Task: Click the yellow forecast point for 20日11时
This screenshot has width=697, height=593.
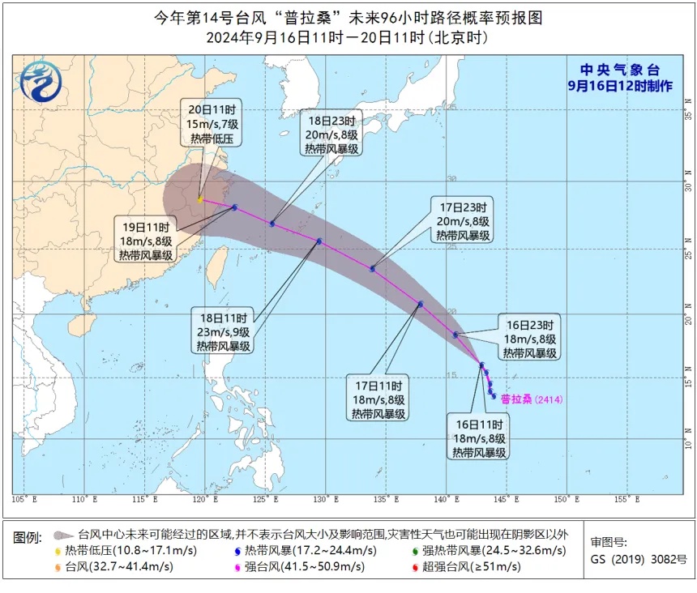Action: click(x=200, y=199)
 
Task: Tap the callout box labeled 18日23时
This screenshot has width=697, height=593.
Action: click(x=332, y=131)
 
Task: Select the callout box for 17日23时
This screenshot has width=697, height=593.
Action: click(x=463, y=217)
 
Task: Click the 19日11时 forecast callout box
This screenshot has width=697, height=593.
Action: click(x=146, y=241)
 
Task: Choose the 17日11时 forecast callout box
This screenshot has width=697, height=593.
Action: click(x=379, y=397)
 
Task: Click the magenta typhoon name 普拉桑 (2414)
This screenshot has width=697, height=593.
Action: click(x=531, y=398)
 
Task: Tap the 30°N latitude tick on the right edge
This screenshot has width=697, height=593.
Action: click(x=688, y=187)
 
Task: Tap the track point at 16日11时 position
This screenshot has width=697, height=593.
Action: click(x=481, y=365)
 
